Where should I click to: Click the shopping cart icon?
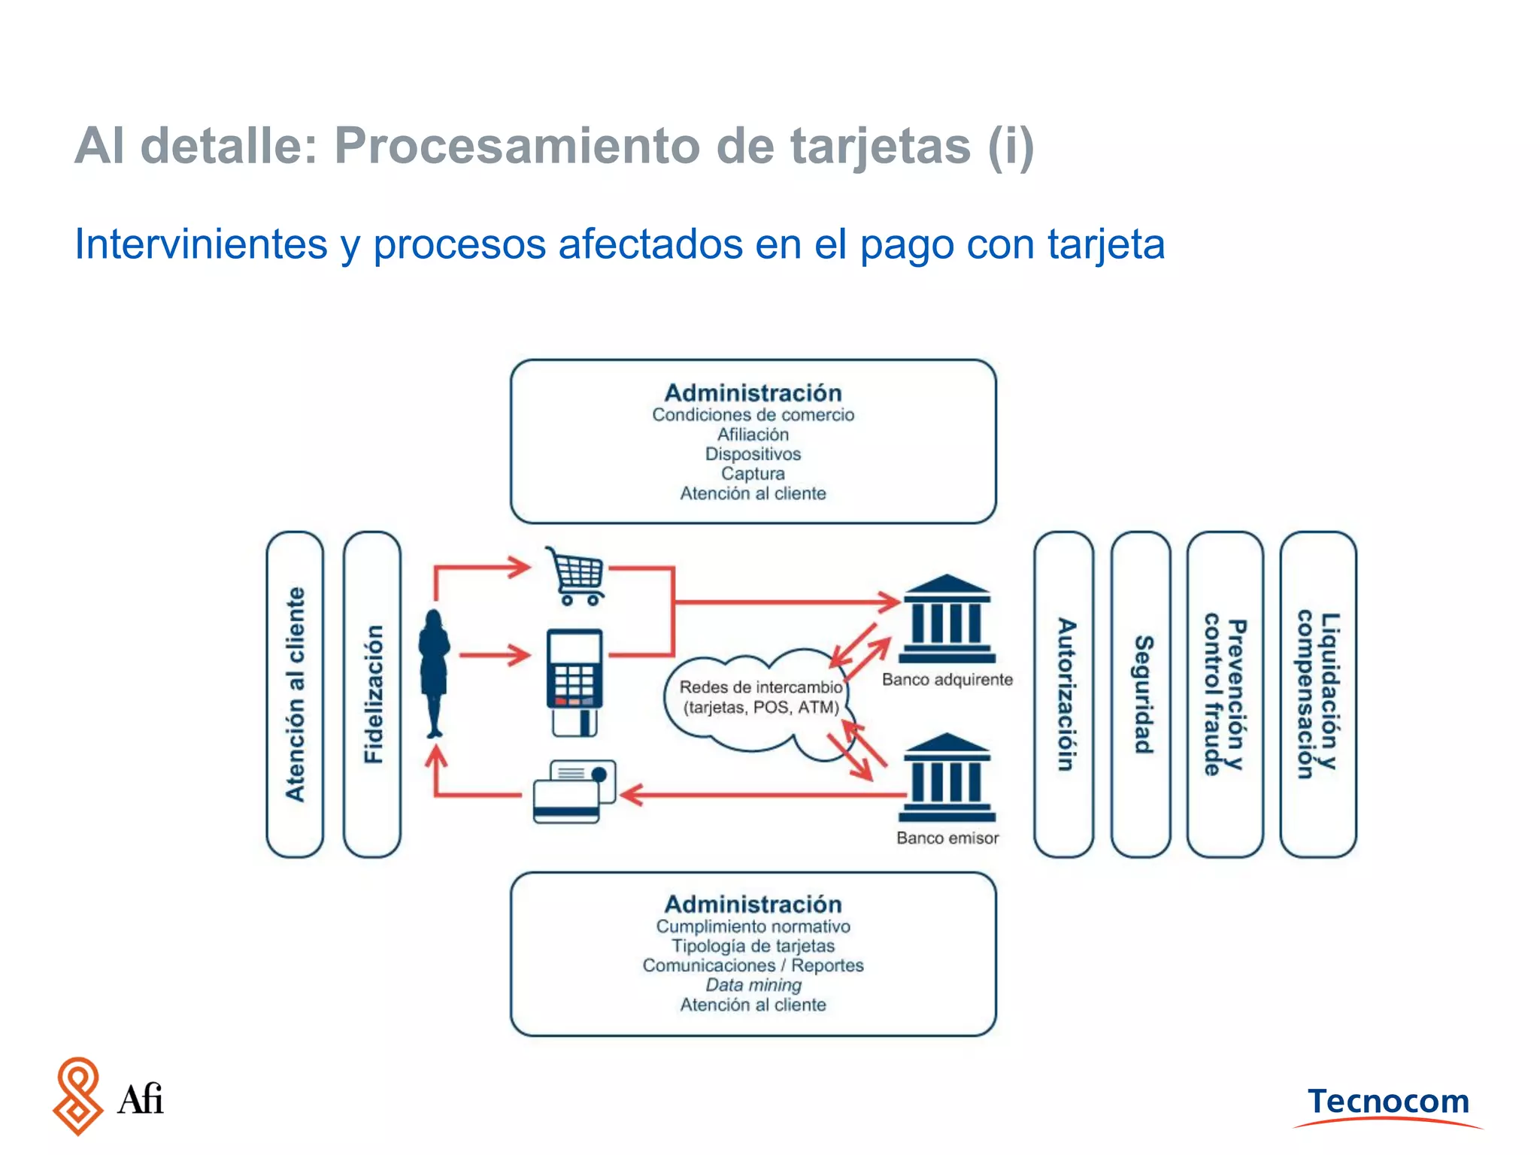(x=576, y=576)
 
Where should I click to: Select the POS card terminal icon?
(x=574, y=681)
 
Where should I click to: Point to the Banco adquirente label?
(x=947, y=680)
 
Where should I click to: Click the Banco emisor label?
(x=947, y=838)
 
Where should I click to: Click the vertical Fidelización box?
(x=372, y=693)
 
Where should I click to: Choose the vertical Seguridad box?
(x=1141, y=693)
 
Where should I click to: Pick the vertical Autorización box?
(x=1064, y=693)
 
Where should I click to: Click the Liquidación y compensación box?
(x=1317, y=693)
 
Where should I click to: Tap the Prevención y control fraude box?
(x=1225, y=693)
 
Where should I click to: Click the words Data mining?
(x=753, y=985)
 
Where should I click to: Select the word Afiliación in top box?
(x=753, y=435)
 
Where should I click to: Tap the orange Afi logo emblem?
(x=77, y=1096)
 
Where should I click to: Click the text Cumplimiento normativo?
(x=753, y=926)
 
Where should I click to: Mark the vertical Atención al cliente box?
(x=295, y=693)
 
